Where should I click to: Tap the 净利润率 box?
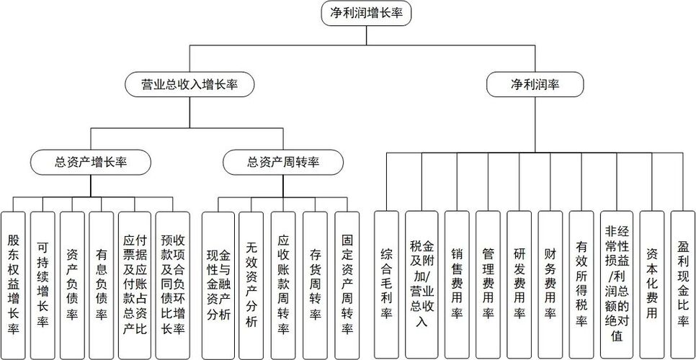[534, 84]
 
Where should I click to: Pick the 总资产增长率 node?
[90, 162]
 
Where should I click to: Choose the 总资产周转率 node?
[283, 162]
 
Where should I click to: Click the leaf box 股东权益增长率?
[14, 284]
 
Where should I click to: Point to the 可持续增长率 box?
[43, 284]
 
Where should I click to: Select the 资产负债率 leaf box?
[72, 284]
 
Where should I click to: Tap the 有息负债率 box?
[102, 284]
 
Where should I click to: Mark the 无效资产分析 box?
[251, 284]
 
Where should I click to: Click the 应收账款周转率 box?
[283, 284]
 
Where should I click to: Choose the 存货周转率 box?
[315, 284]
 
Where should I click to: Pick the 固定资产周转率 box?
[347, 284]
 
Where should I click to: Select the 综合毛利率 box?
[386, 284]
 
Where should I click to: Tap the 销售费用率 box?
[457, 284]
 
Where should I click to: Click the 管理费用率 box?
[488, 284]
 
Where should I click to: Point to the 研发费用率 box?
[519, 284]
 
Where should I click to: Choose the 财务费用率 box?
[550, 284]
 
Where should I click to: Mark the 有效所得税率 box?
[581, 284]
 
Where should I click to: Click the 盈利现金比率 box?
[682, 284]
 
